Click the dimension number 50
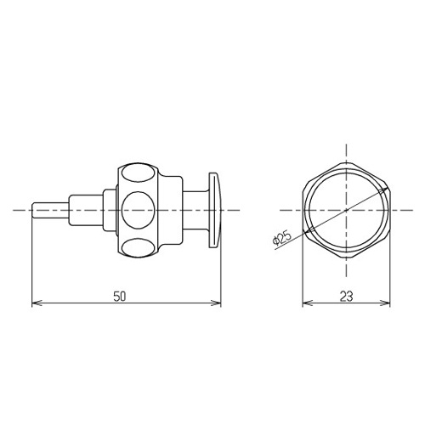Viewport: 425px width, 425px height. pyautogui.click(x=119, y=297)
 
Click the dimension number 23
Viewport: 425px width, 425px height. pyautogui.click(x=346, y=297)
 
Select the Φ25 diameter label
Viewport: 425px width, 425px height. pyautogui.click(x=281, y=239)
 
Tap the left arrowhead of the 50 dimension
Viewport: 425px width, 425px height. pyautogui.click(x=37, y=303)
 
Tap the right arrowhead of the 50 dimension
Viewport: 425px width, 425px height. pyautogui.click(x=216, y=303)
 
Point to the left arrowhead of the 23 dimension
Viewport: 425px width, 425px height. pyautogui.click(x=308, y=303)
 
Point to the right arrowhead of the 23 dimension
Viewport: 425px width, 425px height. pyautogui.click(x=385, y=303)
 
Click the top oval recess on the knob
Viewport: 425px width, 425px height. pyautogui.click(x=139, y=173)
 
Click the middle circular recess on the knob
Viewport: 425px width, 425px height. pyautogui.click(x=139, y=210)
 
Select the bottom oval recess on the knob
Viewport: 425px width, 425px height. pyautogui.click(x=139, y=247)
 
